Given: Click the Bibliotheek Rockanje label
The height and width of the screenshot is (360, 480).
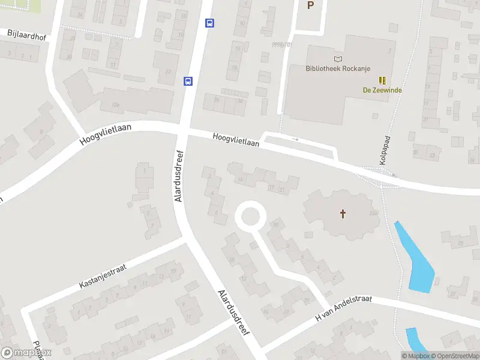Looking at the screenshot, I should click(338, 68).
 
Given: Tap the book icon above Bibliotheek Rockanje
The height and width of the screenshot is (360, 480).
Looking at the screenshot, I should click(338, 59).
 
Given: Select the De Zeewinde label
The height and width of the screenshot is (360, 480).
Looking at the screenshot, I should click(382, 90).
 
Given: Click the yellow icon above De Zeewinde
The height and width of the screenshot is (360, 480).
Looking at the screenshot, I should click(382, 80).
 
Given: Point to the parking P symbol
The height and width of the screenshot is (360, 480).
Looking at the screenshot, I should click(310, 5).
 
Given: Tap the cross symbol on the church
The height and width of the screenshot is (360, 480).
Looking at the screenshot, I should click(343, 213).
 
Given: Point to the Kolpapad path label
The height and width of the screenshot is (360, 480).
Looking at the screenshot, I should click(384, 150).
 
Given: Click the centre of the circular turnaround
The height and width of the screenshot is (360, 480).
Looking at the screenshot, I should click(250, 216).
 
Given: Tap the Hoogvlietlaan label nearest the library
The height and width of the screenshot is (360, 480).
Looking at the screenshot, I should click(236, 140).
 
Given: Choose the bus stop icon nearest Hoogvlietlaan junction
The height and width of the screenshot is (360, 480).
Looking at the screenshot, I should click(188, 81).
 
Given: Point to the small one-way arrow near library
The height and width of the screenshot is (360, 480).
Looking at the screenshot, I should click(295, 140).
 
